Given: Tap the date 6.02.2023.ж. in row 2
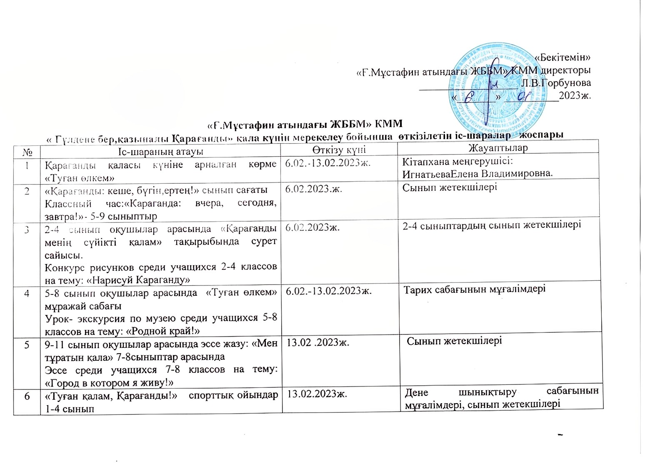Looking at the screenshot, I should pos(314,189).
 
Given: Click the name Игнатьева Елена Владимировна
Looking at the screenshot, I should pos(478,173).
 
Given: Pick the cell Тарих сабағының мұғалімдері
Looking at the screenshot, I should pos(475,289).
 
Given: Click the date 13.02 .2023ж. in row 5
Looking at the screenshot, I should pos(317,343).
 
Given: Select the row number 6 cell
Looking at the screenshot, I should pos(27,396).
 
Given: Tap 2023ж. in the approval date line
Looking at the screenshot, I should pos(575,95).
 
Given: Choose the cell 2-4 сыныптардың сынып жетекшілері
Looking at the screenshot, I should pos(492,225).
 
